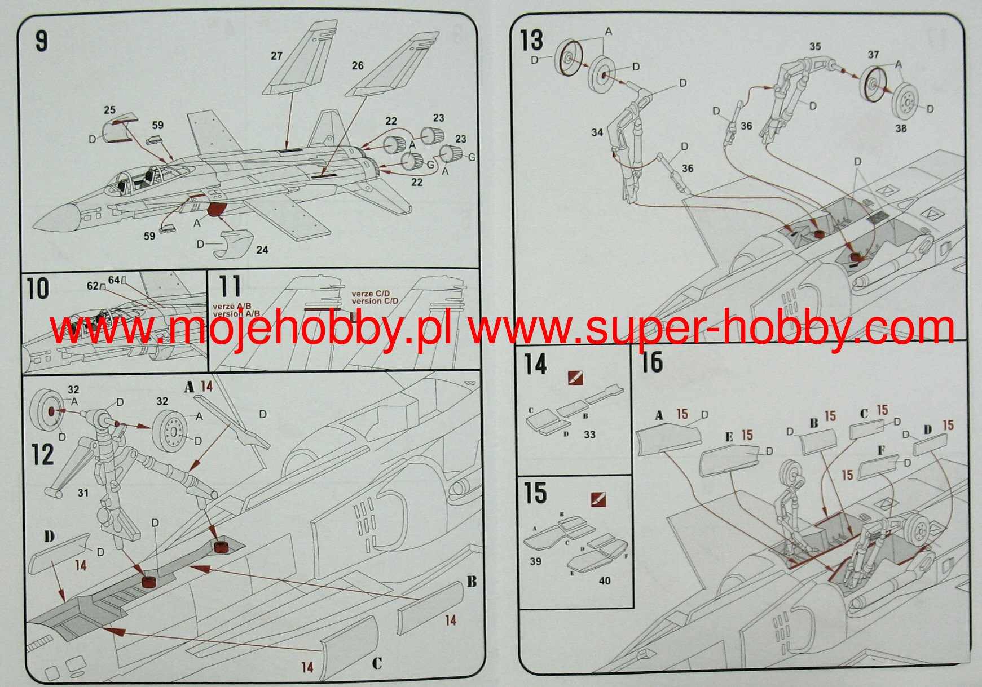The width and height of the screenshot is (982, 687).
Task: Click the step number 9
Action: click(42, 41)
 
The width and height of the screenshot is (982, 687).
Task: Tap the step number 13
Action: click(531, 41)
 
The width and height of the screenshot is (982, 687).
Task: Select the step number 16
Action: click(651, 362)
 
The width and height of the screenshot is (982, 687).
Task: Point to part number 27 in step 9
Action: click(276, 56)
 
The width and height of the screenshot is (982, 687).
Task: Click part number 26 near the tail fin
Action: click(358, 66)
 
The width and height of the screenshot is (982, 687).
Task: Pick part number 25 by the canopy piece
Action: click(109, 110)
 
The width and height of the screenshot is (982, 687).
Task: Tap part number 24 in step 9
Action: click(262, 250)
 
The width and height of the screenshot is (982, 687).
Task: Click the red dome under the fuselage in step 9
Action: click(217, 210)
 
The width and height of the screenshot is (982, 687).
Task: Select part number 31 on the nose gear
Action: click(83, 493)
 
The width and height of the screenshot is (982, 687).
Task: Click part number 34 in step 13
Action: click(597, 132)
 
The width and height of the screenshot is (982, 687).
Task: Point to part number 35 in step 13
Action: click(815, 47)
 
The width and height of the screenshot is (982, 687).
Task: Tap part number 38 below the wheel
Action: click(901, 128)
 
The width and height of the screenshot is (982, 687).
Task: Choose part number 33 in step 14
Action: click(589, 435)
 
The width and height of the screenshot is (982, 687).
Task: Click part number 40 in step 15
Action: click(605, 580)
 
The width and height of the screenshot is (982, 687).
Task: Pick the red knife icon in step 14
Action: click(576, 378)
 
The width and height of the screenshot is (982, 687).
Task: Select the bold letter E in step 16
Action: click(729, 437)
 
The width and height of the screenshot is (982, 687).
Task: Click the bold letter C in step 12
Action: click(377, 663)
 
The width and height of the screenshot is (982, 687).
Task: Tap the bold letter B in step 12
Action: click(472, 582)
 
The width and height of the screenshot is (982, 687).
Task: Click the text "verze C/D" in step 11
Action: click(371, 294)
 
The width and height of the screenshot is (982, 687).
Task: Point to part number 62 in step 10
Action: click(93, 286)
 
